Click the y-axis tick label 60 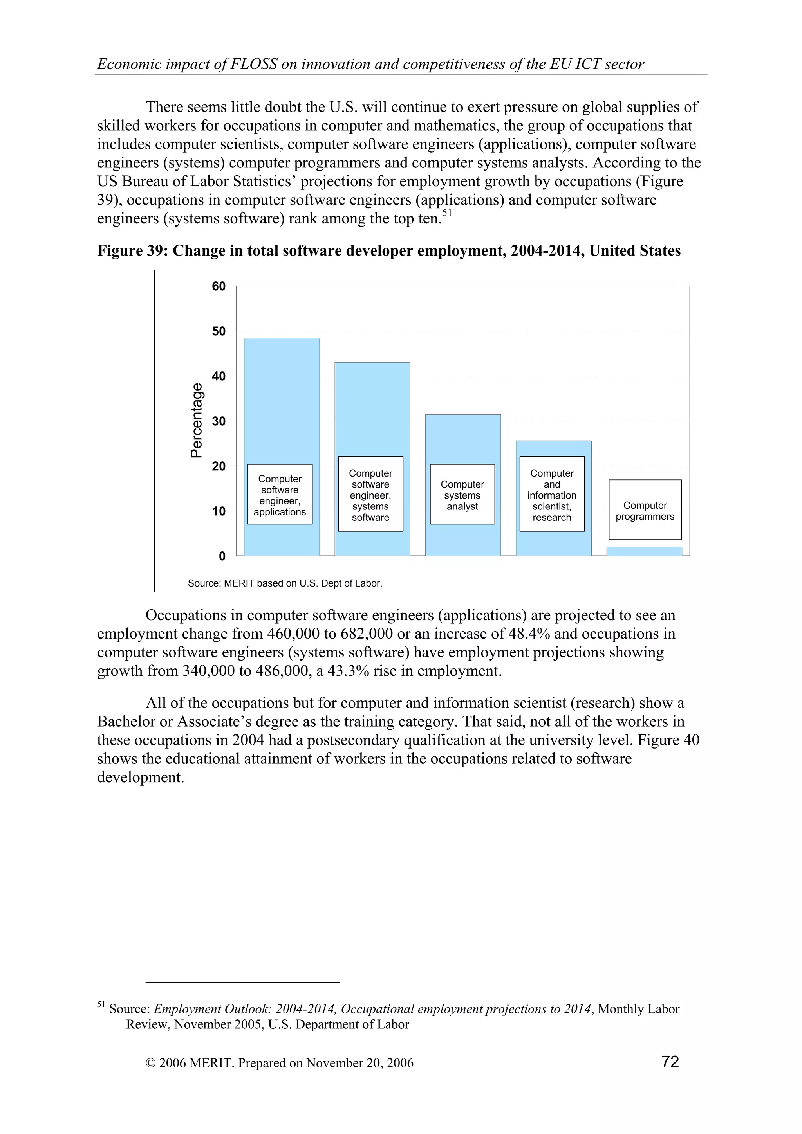coord(219,286)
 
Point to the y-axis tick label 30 coord(219,421)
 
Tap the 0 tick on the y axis coord(222,556)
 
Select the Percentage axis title coord(197,420)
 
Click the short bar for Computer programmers coord(644,551)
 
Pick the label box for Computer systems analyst coord(462,494)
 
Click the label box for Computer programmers coord(645,510)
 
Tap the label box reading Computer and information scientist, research coord(551,494)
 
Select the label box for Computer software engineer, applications coord(280,494)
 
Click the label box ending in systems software coord(370,494)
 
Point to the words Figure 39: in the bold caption coord(132,251)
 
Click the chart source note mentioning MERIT coord(285,583)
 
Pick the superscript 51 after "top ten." coord(447,213)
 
